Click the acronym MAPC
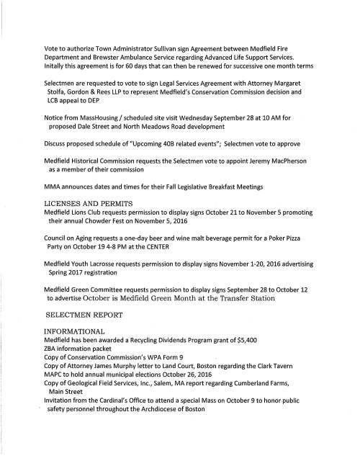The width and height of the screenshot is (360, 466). (x=55, y=393)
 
